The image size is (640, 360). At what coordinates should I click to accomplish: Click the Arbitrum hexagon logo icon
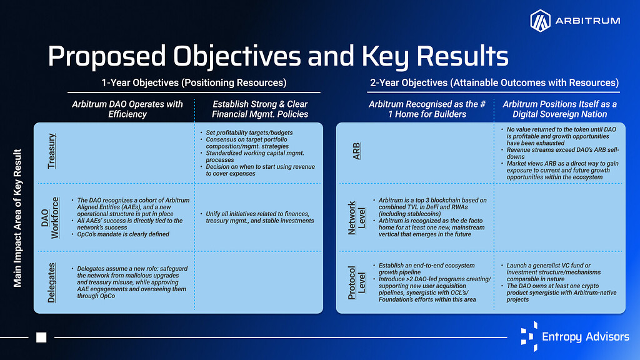point(540,21)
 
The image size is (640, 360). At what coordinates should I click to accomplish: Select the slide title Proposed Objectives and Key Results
point(277,56)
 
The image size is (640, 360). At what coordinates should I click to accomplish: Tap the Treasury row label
point(52,151)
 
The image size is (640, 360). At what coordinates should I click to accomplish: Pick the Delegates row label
point(52,282)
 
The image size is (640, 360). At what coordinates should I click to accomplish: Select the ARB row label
point(357,151)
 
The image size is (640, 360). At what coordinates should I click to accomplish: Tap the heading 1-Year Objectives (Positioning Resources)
point(194,82)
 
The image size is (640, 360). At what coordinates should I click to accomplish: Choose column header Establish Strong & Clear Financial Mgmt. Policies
point(260,109)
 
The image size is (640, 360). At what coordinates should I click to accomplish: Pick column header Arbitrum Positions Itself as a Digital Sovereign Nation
point(559,109)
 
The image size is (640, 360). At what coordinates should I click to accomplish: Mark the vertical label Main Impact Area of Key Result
point(18,218)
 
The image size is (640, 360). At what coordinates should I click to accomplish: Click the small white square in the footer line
point(42,337)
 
